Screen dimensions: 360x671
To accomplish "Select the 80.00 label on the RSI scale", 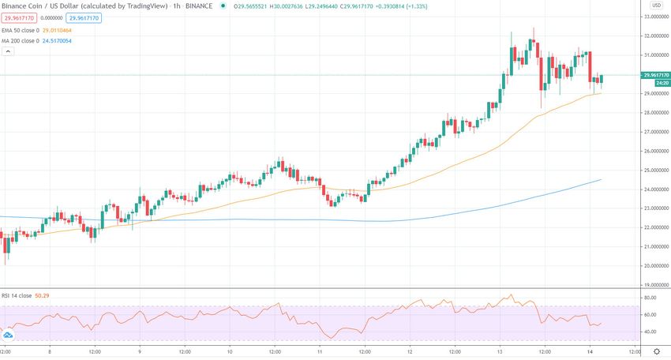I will pos(650,298).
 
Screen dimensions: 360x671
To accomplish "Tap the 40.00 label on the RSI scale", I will pos(650,332).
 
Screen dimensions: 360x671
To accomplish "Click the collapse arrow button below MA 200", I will pos(9,51).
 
